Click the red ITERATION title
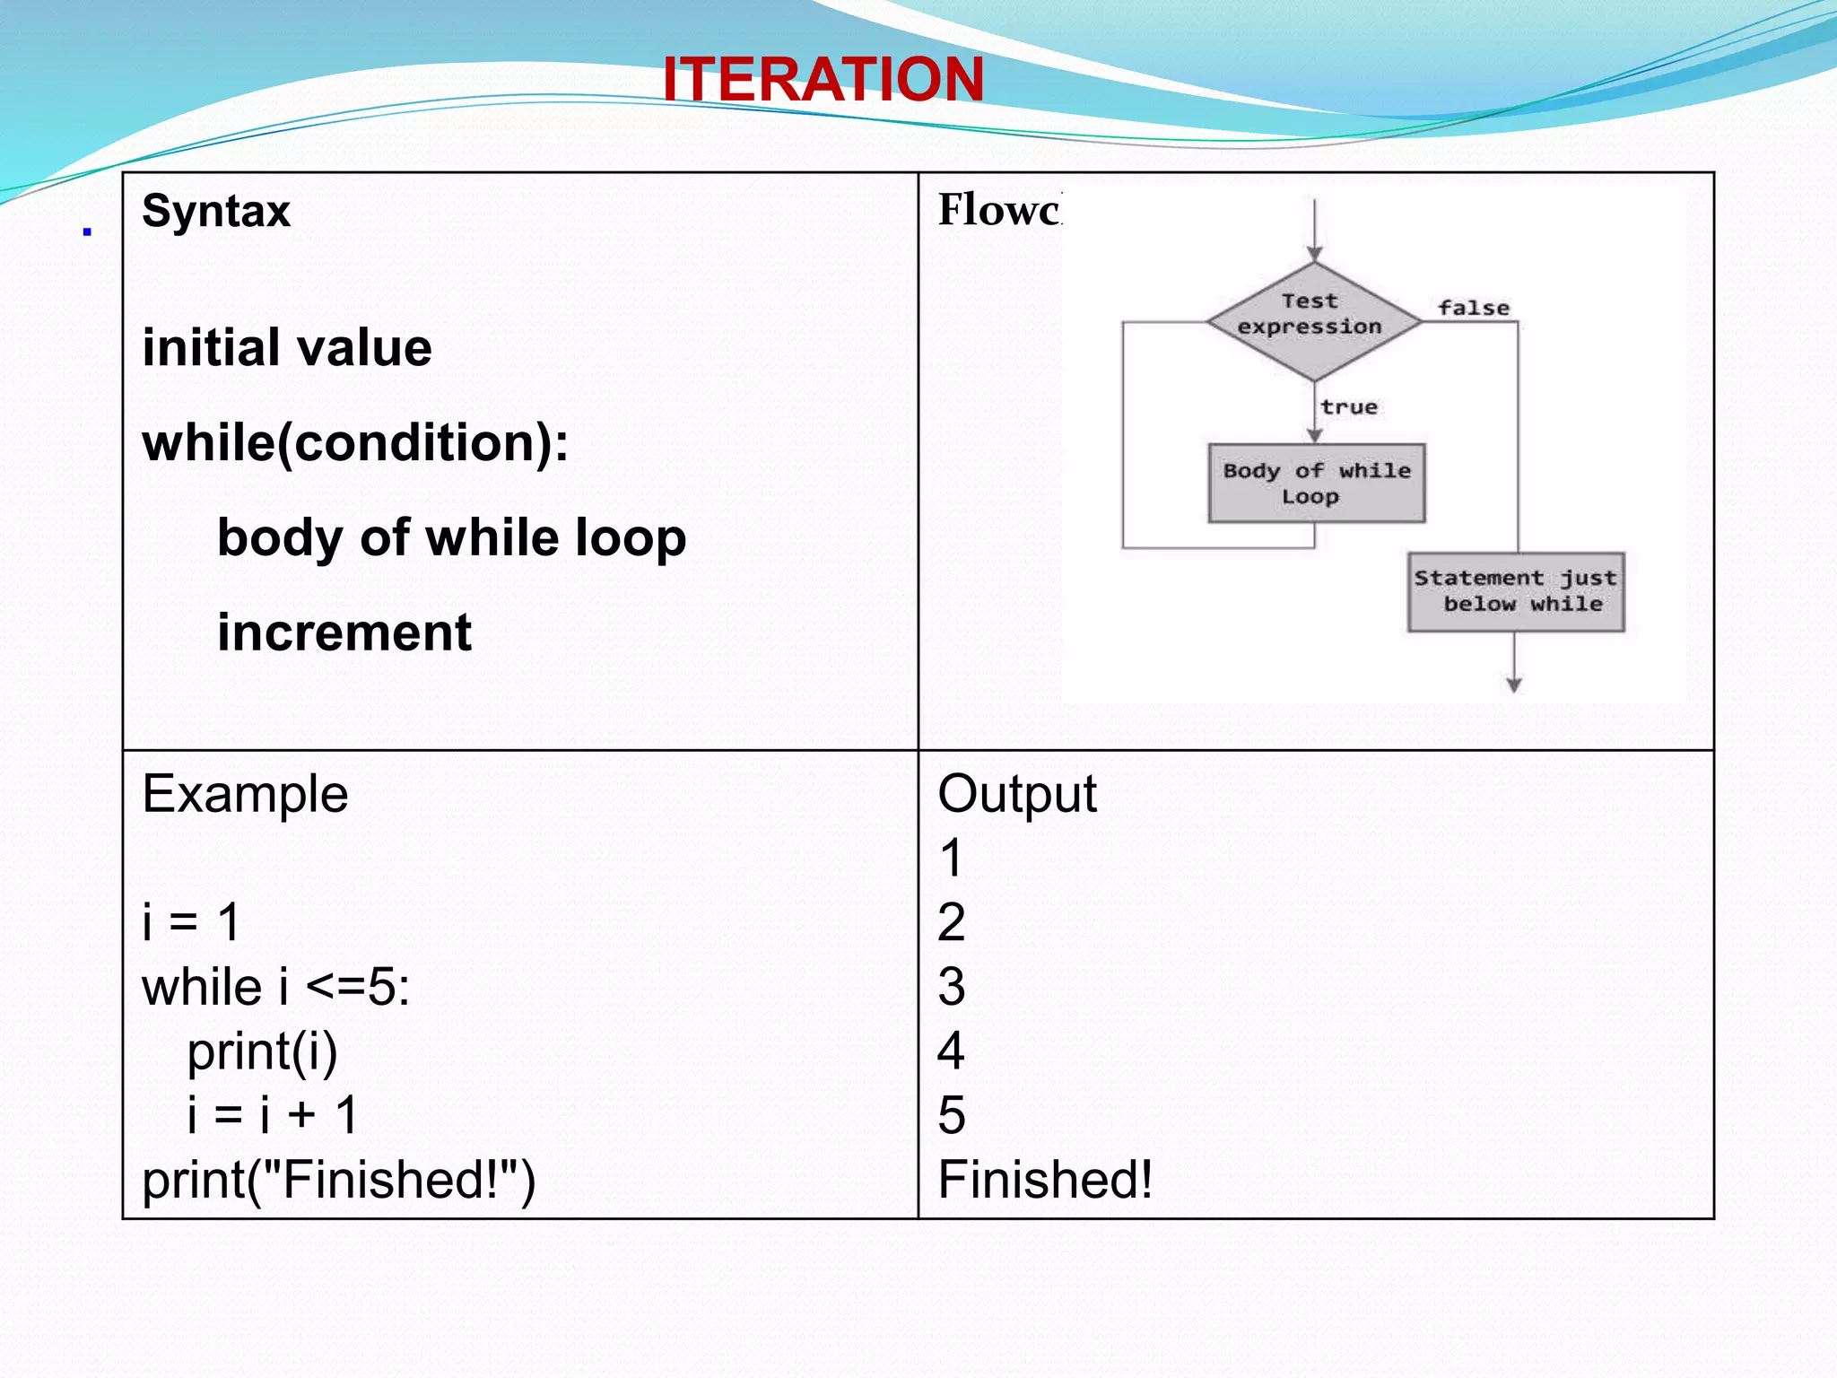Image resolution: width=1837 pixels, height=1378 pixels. tap(823, 79)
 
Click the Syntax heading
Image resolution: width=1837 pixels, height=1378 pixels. tap(216, 212)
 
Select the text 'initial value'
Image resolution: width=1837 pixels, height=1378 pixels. tap(287, 348)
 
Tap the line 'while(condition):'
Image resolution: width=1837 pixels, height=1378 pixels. tap(355, 442)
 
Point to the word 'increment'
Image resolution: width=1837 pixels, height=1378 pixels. tap(344, 632)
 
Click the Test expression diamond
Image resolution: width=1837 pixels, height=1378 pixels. tap(1313, 320)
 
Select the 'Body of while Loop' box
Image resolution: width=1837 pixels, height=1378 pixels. tap(1316, 484)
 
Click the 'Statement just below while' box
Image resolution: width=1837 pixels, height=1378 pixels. tap(1516, 592)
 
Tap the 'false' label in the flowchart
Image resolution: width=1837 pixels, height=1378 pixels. tap(1473, 308)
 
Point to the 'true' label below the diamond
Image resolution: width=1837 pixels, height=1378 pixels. tap(1348, 407)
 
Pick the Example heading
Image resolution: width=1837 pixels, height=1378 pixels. tap(245, 794)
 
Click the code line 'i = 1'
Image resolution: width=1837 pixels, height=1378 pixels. tap(191, 922)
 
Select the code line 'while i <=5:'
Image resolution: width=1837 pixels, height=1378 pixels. tap(275, 987)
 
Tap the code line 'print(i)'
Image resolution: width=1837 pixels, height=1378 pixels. tap(262, 1051)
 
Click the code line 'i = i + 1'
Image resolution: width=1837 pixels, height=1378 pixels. tap(273, 1115)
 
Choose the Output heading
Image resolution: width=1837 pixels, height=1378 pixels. tap(1016, 794)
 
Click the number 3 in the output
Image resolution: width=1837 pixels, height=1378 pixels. tap(951, 987)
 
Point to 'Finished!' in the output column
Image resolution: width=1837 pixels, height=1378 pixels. tap(1045, 1180)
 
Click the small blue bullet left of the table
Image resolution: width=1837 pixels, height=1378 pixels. tap(87, 231)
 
